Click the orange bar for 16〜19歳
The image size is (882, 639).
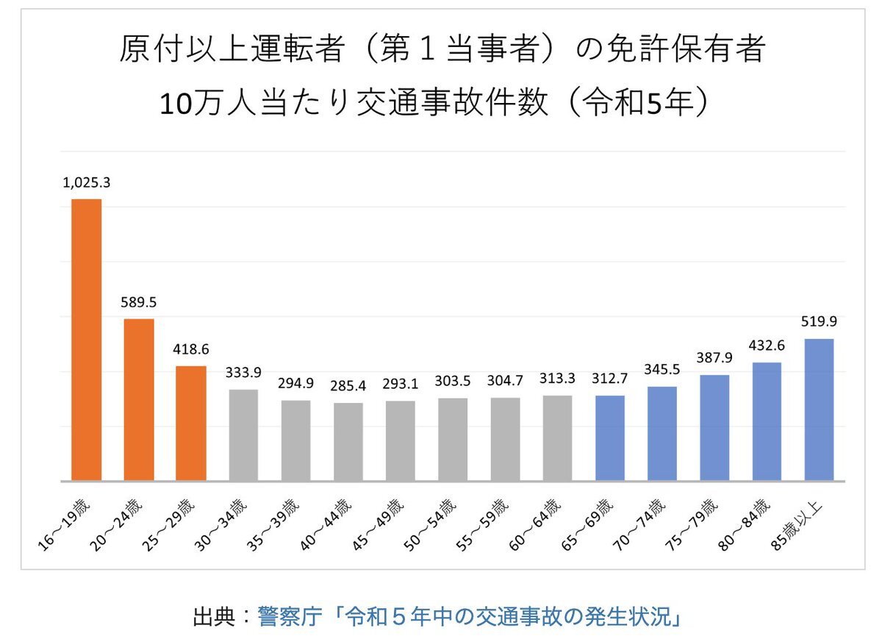click(86, 340)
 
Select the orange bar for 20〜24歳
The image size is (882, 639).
click(139, 399)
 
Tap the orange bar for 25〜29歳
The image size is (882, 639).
click(191, 423)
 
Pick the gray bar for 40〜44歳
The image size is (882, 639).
click(348, 441)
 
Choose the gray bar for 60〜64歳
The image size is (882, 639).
click(558, 438)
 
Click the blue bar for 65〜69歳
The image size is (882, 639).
click(610, 438)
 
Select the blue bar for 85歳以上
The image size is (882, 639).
click(819, 410)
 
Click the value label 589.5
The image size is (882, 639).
click(139, 303)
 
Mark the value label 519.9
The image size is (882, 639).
click(819, 321)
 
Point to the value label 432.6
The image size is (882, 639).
click(767, 344)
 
